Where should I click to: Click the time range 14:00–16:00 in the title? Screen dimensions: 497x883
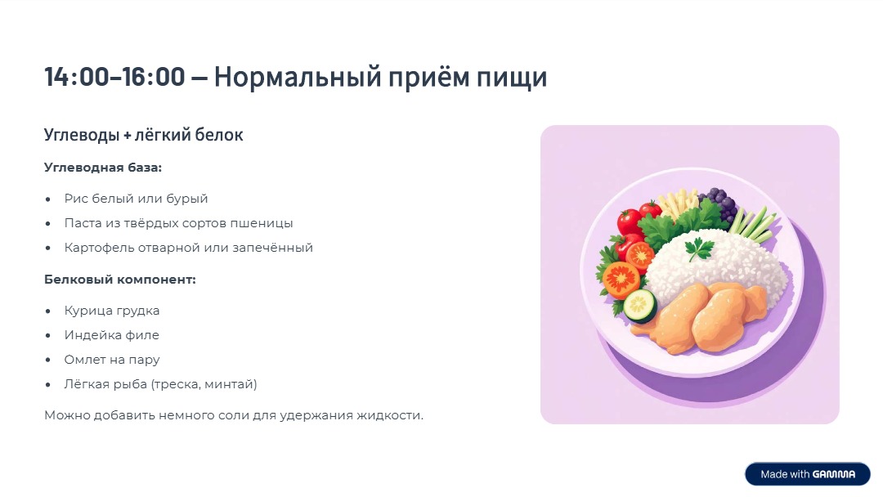point(114,78)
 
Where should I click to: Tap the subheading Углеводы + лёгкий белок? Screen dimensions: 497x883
point(143,135)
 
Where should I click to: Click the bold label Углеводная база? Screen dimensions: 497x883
point(103,168)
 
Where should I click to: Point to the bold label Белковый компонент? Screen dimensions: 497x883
point(119,280)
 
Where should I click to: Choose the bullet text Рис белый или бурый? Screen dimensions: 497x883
point(137,199)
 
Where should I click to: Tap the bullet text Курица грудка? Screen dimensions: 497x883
point(112,311)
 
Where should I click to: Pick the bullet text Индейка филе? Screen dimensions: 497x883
point(112,335)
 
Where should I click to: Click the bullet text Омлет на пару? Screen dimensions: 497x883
point(112,360)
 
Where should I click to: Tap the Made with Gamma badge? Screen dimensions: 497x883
point(807,474)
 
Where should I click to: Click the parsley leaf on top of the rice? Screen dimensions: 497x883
point(699,248)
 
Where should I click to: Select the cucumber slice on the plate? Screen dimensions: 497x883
point(640,306)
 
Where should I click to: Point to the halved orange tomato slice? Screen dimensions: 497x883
point(621,278)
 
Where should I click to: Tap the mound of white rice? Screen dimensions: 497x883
point(728,266)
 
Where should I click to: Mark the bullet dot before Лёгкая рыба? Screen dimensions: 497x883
point(48,384)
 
